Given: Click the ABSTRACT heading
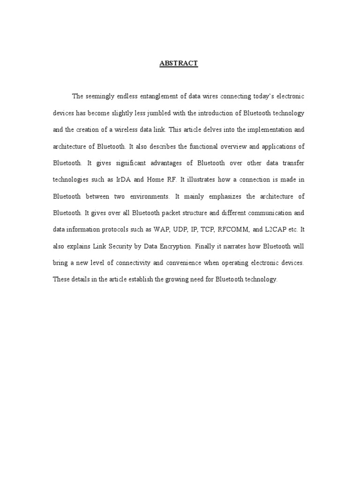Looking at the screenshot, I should pos(178,64).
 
